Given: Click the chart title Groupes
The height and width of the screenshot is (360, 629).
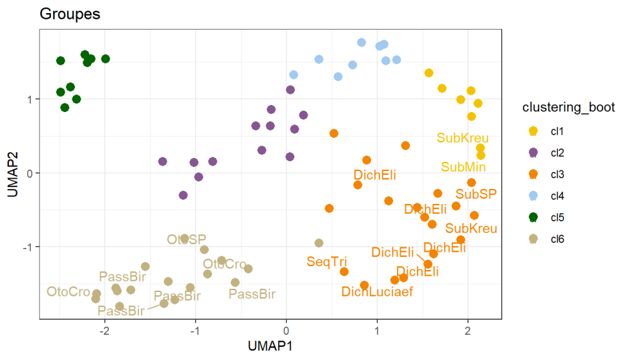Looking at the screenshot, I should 70,14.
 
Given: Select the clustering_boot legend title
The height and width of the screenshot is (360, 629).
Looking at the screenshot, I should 568,108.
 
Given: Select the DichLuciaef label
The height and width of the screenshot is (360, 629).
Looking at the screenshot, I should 377,292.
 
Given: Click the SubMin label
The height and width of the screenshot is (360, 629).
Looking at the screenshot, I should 462,167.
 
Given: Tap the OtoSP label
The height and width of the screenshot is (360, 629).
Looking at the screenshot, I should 186,240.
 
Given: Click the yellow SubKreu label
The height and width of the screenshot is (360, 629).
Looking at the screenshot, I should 462,138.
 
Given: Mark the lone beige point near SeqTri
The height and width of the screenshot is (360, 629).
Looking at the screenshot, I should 319,243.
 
